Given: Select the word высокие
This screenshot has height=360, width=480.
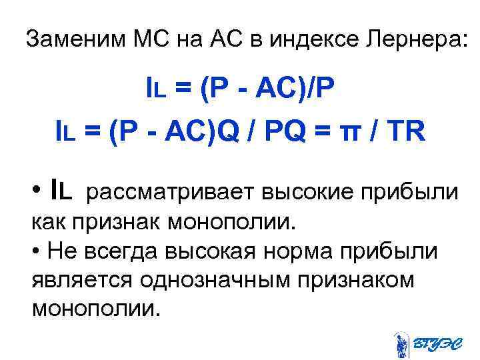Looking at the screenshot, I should tap(314, 192).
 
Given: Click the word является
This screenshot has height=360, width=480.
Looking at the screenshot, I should tap(81, 280).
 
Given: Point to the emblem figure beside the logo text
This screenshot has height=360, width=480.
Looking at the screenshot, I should tap(401, 342).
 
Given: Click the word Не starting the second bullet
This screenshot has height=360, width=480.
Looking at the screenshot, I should tap(57, 251).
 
